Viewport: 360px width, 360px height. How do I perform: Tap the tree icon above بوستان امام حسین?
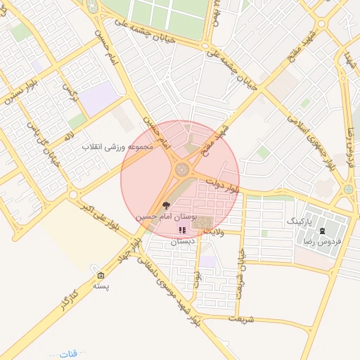(166, 206)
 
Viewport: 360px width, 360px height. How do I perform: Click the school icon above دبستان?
(181, 230)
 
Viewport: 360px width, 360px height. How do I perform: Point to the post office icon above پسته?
(101, 276)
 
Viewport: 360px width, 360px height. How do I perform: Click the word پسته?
(103, 287)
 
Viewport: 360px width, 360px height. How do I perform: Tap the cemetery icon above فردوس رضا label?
(322, 230)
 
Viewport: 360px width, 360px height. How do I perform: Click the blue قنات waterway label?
(69, 352)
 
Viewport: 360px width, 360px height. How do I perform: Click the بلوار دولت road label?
(230, 188)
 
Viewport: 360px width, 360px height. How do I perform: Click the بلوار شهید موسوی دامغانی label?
(173, 292)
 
